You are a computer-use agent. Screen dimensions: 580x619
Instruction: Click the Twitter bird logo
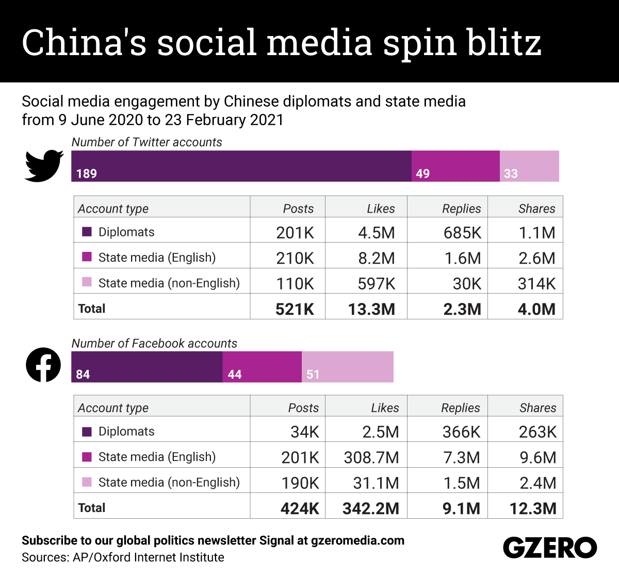pyautogui.click(x=44, y=166)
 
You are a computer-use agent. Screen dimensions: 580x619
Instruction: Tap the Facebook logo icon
pyautogui.click(x=43, y=365)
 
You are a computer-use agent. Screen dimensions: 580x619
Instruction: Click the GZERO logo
pyautogui.click(x=550, y=548)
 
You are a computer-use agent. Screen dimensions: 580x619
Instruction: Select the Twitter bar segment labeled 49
pyautogui.click(x=455, y=166)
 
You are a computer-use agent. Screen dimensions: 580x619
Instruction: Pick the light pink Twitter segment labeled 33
pyautogui.click(x=529, y=166)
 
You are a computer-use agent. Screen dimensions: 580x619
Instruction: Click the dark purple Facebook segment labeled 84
pyautogui.click(x=146, y=367)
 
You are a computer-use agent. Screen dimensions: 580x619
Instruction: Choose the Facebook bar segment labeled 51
pyautogui.click(x=347, y=367)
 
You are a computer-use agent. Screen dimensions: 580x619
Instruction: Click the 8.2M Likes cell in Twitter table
pyautogui.click(x=377, y=258)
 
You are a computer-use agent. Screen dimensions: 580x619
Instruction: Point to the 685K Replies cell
pyautogui.click(x=462, y=233)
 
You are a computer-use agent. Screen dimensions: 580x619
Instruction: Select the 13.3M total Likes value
pyautogui.click(x=371, y=309)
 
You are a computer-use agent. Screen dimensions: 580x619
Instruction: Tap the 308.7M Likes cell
pyautogui.click(x=371, y=457)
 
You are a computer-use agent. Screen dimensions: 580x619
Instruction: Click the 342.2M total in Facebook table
pyautogui.click(x=371, y=508)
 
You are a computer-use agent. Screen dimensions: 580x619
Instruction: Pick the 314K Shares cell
pyautogui.click(x=536, y=284)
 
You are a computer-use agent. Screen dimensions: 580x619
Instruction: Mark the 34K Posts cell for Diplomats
pyautogui.click(x=304, y=432)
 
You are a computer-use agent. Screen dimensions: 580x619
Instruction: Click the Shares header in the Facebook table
pyautogui.click(x=537, y=408)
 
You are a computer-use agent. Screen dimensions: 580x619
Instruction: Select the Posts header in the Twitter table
pyautogui.click(x=298, y=209)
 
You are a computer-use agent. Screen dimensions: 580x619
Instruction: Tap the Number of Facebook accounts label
pyautogui.click(x=154, y=344)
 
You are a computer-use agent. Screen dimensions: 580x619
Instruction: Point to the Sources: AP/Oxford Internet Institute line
pyautogui.click(x=123, y=557)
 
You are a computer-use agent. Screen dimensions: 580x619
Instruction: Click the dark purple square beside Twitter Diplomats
pyautogui.click(x=87, y=232)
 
